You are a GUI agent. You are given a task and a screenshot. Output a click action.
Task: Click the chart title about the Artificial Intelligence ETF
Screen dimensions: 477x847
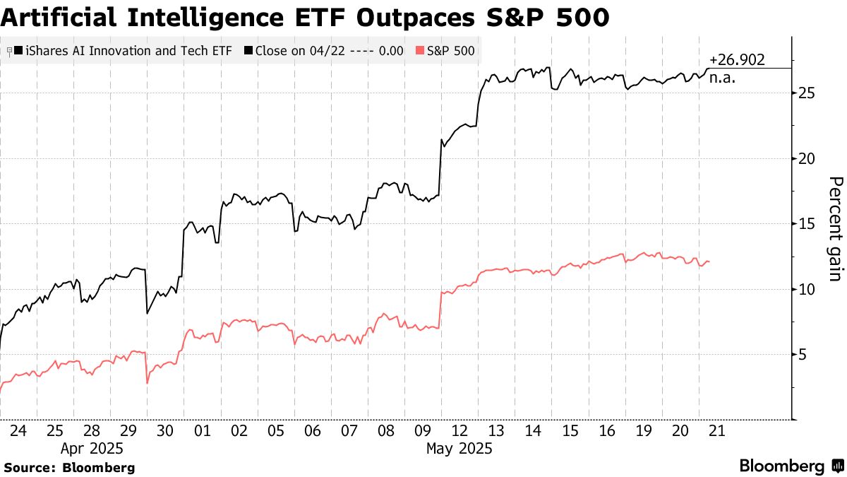[305, 17]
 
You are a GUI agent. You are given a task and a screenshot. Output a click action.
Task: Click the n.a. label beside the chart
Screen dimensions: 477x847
[723, 78]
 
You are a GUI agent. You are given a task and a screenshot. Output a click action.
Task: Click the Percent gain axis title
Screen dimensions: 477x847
[835, 229]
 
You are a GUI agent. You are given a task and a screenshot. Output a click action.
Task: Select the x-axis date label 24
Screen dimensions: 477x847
[18, 430]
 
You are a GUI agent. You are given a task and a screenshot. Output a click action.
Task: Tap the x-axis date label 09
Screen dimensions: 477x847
[423, 430]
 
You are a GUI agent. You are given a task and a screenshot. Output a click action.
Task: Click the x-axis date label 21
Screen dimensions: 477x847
[717, 430]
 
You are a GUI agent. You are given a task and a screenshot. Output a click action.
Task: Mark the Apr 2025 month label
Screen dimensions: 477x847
[92, 449]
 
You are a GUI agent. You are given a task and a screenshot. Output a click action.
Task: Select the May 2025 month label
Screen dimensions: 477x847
[459, 449]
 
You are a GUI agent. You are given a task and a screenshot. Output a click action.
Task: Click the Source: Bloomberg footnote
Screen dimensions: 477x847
[69, 467]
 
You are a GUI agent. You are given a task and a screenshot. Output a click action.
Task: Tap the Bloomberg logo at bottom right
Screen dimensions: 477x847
[790, 466]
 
